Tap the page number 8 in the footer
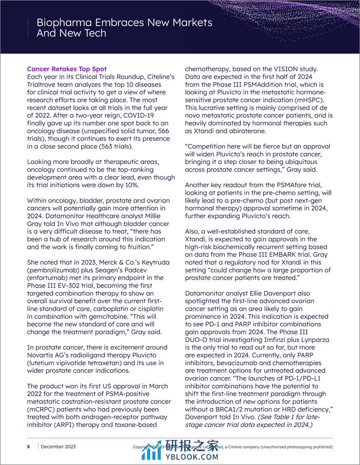[x=28, y=447]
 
